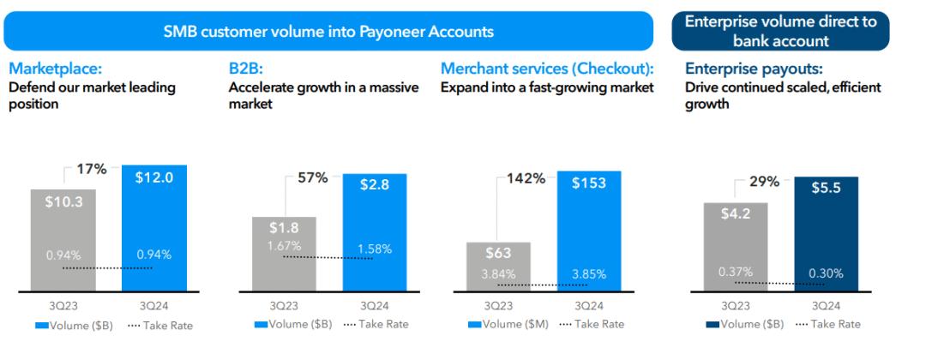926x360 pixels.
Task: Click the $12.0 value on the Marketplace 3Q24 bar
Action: point(154,177)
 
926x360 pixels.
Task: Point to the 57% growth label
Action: point(313,177)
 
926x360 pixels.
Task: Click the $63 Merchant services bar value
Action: point(498,253)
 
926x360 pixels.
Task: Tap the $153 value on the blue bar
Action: point(589,183)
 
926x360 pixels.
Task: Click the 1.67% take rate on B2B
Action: point(284,246)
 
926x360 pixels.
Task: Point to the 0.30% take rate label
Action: point(826,273)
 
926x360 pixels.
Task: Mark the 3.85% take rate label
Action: point(589,274)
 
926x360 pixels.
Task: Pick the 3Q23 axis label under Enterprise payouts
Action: point(737,305)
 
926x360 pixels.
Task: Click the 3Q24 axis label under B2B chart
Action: point(375,305)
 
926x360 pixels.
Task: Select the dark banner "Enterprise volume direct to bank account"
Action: point(780,32)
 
